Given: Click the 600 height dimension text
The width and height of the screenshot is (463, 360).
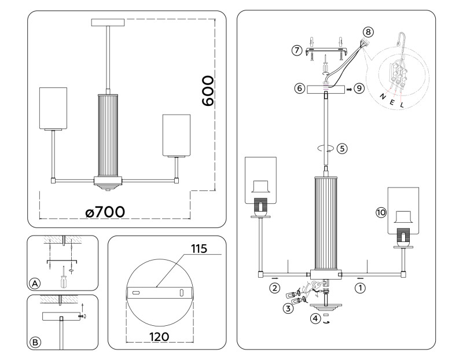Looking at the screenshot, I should click(208, 90).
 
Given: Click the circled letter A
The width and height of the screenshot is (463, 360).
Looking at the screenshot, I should click(35, 284).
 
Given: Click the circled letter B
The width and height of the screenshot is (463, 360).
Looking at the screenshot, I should click(35, 342).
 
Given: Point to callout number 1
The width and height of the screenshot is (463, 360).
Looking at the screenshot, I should click(360, 286).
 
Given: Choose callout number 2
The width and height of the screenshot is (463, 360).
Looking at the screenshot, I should click(274, 286).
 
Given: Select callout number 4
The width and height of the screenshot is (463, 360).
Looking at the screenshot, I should click(315, 318).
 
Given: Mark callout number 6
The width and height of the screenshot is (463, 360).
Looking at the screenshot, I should click(299, 89).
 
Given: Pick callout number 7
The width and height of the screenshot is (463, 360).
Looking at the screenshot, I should click(297, 51).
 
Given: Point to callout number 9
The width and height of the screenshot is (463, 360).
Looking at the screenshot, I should click(359, 89).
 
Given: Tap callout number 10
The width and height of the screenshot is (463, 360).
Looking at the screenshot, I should click(380, 213).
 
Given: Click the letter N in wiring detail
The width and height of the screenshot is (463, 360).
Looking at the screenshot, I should click(381, 97).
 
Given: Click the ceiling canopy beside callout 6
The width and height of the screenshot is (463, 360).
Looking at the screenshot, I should click(326, 90).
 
